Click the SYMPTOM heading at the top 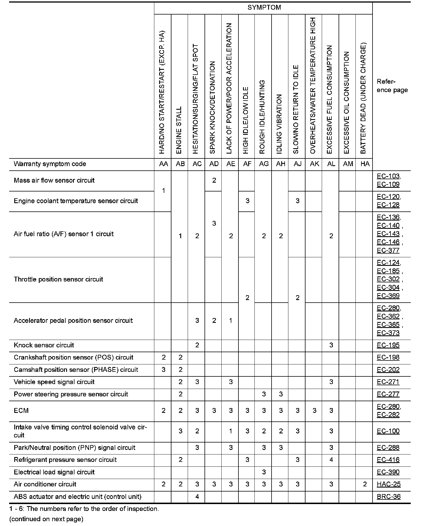264,8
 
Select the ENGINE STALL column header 179,130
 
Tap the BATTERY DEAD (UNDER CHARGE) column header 363,98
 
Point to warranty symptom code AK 314,164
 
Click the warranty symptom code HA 365,164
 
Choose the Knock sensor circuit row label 44,345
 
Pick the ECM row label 21,411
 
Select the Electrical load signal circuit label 54,472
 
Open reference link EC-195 388,345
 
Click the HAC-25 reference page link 388,484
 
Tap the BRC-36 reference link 388,497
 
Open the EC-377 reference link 388,250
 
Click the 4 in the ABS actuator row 197,497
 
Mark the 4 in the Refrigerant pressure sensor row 331,460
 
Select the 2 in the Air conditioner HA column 365,484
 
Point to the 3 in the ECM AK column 314,411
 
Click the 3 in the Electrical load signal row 264,472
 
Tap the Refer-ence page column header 392,86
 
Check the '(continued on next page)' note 46,519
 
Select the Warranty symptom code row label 50,164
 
